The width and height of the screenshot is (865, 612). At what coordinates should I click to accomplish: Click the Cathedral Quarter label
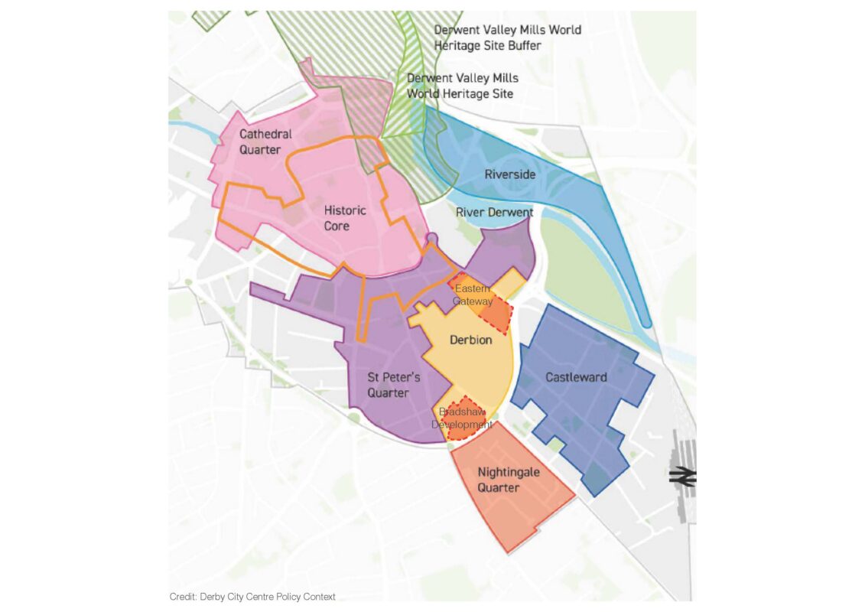[265, 142]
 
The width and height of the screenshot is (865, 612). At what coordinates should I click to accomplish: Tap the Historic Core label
[345, 218]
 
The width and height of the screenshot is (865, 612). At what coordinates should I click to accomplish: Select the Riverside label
[510, 174]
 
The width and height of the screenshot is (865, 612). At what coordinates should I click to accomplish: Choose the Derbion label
[470, 340]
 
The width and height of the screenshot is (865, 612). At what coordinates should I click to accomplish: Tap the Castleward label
[576, 377]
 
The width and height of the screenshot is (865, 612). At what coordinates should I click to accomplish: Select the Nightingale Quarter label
[509, 480]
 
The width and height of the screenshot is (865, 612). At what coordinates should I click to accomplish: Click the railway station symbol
[681, 477]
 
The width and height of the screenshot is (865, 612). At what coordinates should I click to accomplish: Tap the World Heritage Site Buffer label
[507, 37]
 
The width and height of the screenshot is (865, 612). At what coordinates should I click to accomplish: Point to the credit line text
[252, 597]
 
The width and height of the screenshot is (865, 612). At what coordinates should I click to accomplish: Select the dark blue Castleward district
[581, 413]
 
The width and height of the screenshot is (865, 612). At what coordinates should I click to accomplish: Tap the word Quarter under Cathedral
[260, 150]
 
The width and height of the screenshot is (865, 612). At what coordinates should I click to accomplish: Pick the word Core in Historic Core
[337, 226]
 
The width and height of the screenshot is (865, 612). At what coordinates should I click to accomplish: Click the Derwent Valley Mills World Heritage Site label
[462, 86]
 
